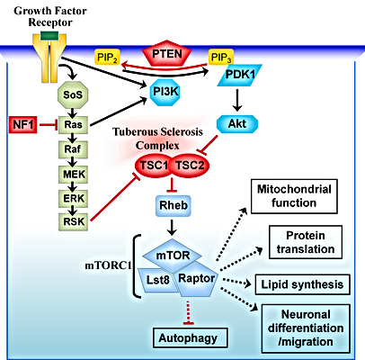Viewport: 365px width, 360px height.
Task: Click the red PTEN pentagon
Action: pos(167,53)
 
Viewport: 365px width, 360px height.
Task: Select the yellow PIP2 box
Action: pos(107,57)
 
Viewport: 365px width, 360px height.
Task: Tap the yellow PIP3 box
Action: pos(221,57)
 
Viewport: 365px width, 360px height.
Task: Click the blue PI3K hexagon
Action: pos(165,92)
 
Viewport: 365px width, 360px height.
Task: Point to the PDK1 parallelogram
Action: pos(239,75)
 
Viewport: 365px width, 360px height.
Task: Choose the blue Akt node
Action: pos(237,123)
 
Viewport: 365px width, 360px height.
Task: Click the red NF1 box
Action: pos(23,124)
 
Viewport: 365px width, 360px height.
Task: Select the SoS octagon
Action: pos(73,94)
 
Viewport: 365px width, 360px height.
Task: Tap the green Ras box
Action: pos(73,125)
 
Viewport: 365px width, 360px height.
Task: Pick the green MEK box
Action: pos(73,175)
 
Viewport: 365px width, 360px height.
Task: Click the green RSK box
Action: pos(73,222)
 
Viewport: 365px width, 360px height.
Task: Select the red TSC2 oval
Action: pos(190,166)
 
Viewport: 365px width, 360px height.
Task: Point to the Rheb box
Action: pos(174,206)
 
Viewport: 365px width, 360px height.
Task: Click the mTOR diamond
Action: pos(172,256)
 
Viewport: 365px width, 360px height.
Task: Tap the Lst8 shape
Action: pos(156,280)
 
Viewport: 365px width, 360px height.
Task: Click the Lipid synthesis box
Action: pos(302,284)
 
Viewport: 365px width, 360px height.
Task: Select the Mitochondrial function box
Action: pos(294,196)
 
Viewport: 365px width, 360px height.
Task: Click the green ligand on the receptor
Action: pos(49,36)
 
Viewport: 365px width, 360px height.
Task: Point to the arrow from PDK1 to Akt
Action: pos(237,100)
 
